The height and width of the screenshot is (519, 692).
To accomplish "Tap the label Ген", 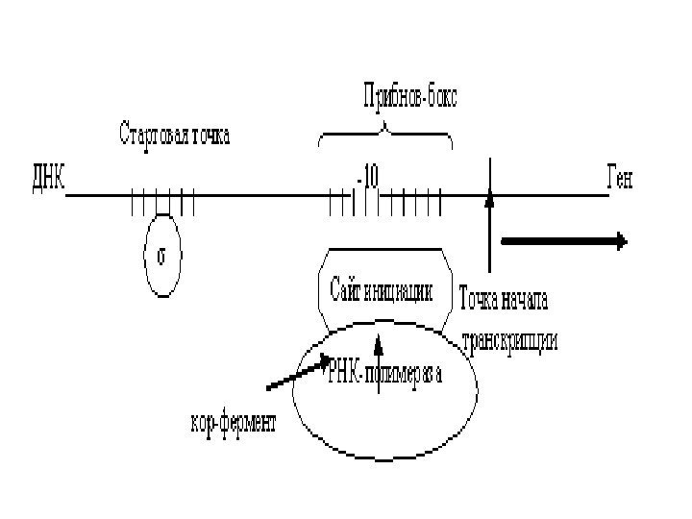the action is pos(622,179).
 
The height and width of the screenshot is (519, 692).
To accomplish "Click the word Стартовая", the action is pos(155,133).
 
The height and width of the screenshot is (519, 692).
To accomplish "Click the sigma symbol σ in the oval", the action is pos(162,256).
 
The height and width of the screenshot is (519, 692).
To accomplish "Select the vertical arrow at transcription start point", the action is pos(490,231).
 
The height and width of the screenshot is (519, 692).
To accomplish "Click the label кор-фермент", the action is pos(230,424).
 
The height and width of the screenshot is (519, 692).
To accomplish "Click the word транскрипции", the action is pos(509,341).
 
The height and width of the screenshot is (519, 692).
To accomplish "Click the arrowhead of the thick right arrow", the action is pos(621,241).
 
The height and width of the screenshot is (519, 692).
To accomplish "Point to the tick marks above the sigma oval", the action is pos(162,203).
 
